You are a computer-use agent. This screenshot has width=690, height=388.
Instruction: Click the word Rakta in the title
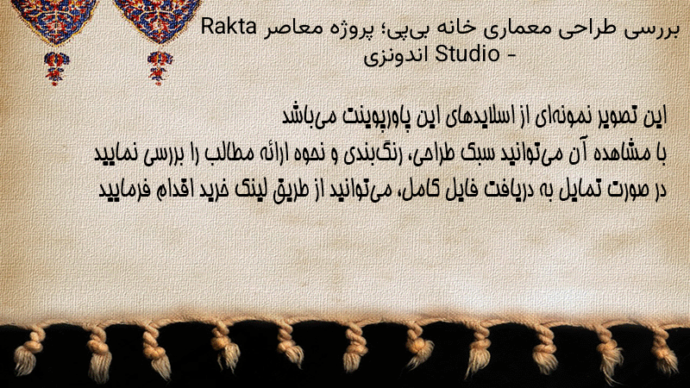(x=229, y=28)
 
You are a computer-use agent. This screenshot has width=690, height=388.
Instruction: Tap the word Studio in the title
(x=467, y=54)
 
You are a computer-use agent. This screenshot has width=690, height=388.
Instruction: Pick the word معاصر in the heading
(x=287, y=29)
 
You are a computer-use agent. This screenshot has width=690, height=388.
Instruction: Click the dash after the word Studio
(x=511, y=55)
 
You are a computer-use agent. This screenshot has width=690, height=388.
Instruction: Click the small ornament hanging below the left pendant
(x=56, y=68)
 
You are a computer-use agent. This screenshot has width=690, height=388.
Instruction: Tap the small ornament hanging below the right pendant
(x=160, y=68)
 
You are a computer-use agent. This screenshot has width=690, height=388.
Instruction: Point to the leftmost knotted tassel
(x=28, y=352)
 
